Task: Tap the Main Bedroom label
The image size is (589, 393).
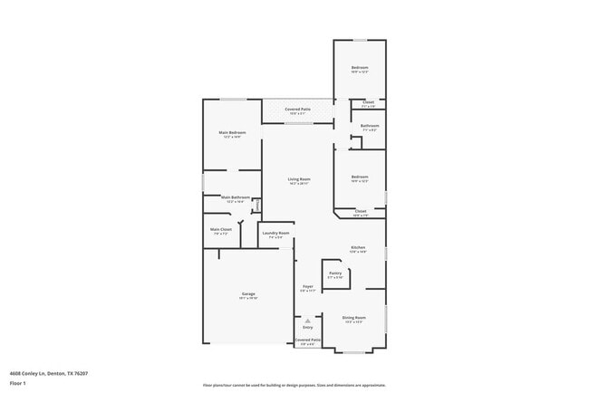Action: click(x=232, y=133)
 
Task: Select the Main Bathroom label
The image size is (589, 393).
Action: click(x=235, y=197)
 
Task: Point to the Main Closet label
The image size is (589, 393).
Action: click(x=221, y=229)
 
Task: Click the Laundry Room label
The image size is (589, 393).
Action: click(x=275, y=234)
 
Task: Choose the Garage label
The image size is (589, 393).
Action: click(x=247, y=294)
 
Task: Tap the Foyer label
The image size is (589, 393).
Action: click(x=307, y=287)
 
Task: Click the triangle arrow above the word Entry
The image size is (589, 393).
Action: click(x=307, y=320)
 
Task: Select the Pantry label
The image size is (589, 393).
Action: click(x=335, y=273)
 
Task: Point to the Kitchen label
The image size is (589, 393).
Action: click(x=359, y=248)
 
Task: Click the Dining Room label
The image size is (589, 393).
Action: click(x=354, y=317)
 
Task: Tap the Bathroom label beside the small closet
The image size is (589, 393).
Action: click(x=369, y=126)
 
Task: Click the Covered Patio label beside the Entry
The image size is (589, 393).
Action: click(x=306, y=340)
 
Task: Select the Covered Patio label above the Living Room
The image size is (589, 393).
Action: click(x=298, y=109)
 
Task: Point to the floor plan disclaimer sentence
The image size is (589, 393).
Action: click(x=294, y=385)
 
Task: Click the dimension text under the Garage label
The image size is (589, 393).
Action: click(x=247, y=299)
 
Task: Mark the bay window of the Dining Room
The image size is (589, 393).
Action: click(x=354, y=351)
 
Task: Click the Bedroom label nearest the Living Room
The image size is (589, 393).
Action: click(x=360, y=177)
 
